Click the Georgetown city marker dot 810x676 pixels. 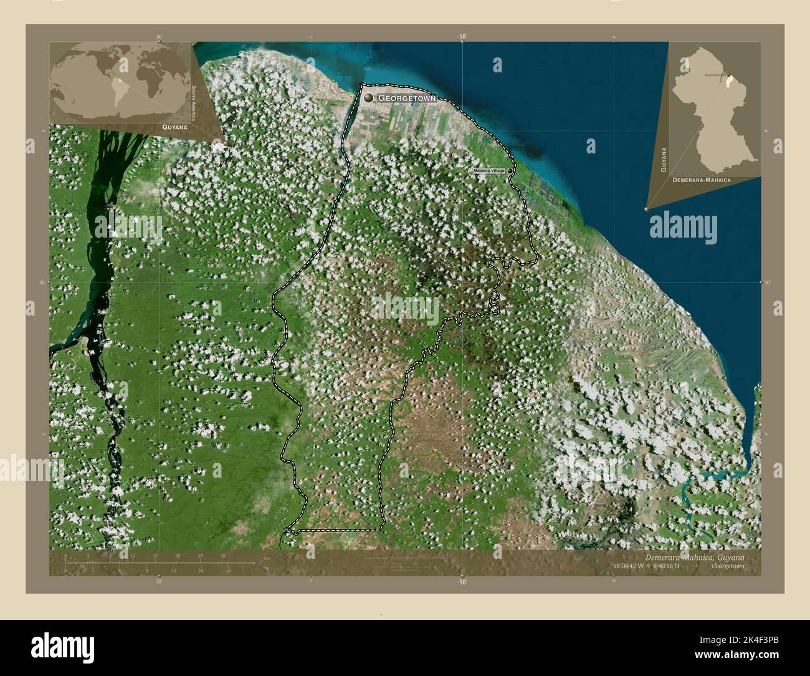pyautogui.click(x=368, y=98)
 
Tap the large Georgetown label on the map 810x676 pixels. pyautogui.click(x=407, y=99)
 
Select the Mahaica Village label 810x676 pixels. pyautogui.click(x=488, y=170)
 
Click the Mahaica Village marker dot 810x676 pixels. pyautogui.click(x=510, y=170)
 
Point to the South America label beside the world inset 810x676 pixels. pyautogui.click(x=194, y=104)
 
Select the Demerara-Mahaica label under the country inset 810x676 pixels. pyautogui.click(x=702, y=179)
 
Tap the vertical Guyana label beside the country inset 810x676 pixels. pyautogui.click(x=664, y=160)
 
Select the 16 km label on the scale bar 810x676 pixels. pyautogui.click(x=155, y=555)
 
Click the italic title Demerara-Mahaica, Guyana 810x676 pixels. pyautogui.click(x=691, y=556)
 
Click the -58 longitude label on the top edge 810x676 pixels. pyautogui.click(x=461, y=37)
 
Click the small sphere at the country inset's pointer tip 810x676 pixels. pyautogui.click(x=646, y=209)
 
